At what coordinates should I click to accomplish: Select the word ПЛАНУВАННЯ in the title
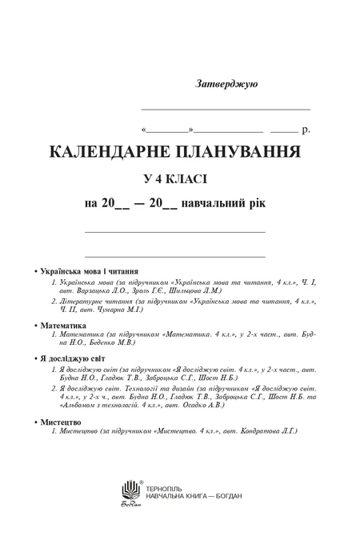click(236, 151)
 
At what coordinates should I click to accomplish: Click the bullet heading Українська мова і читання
click(90, 270)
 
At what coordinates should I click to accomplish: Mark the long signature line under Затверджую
click(225, 108)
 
